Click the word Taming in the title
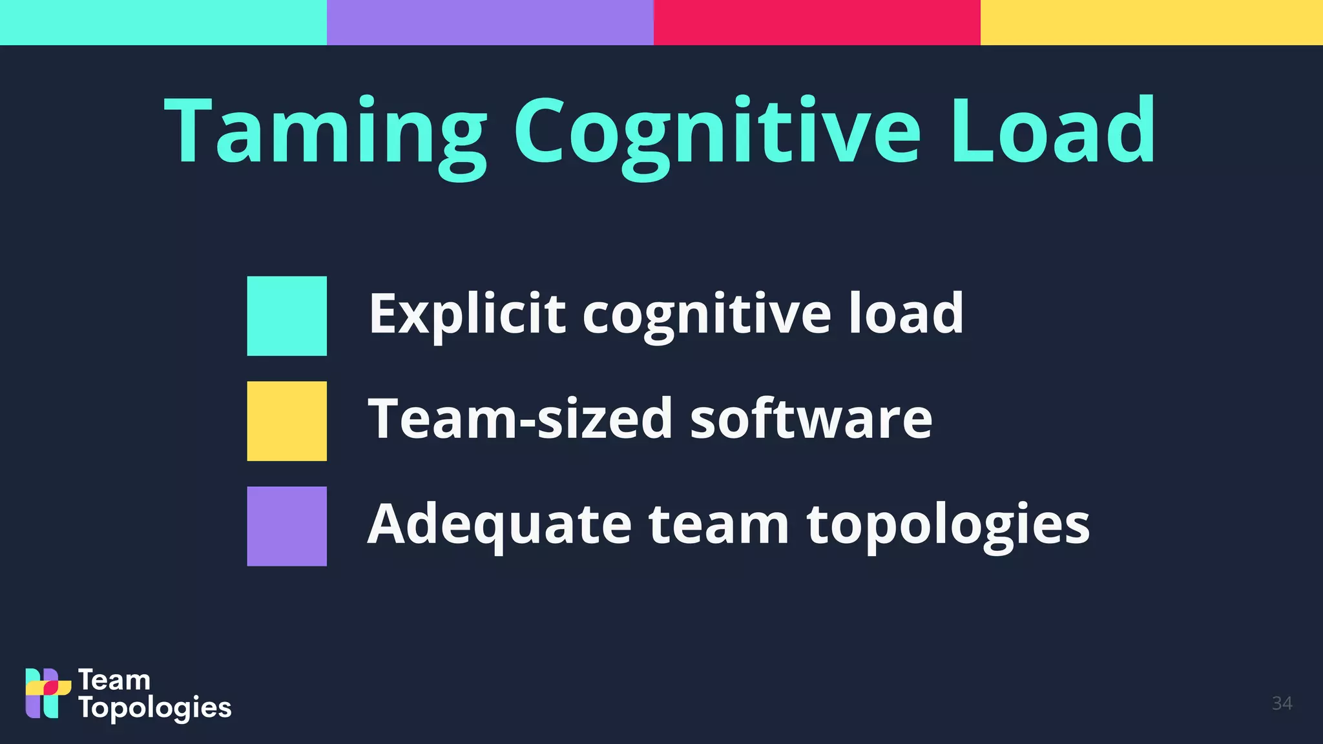326,132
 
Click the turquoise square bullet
287,316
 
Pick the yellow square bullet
287,421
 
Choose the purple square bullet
287,526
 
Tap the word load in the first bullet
906,313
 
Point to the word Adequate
499,524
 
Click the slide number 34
1282,703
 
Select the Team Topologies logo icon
47,694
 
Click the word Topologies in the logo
155,708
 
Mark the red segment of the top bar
817,23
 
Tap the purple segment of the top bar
490,23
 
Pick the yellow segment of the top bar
1152,23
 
